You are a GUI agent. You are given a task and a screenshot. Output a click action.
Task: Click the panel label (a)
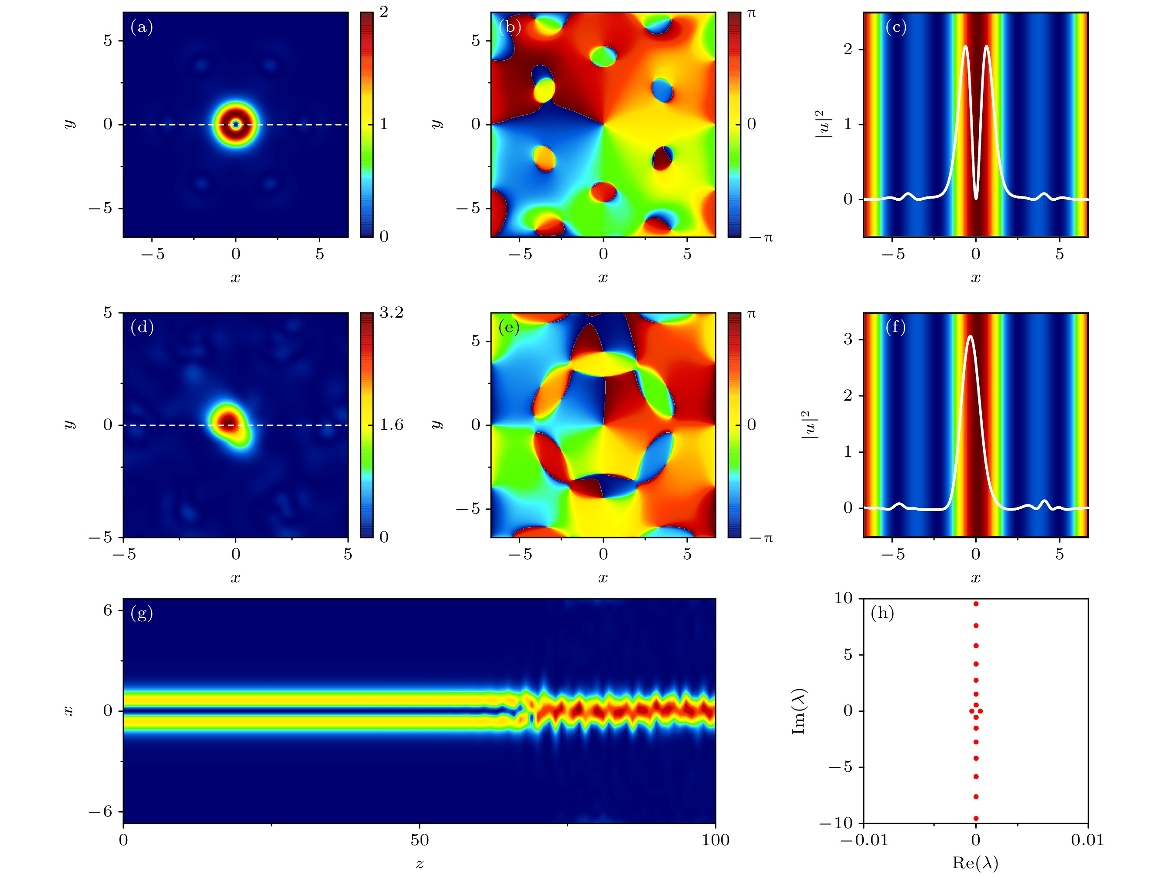coord(142,27)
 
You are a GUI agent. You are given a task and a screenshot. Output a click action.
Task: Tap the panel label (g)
coord(142,613)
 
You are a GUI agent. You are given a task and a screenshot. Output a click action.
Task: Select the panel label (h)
coord(882,613)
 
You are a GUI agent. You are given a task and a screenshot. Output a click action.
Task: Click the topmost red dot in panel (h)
coord(976,604)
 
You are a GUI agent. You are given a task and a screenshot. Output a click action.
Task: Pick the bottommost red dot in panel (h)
coord(976,818)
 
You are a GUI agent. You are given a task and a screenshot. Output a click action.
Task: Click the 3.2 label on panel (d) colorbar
coord(391,312)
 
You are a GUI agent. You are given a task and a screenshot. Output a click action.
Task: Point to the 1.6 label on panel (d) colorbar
coord(391,425)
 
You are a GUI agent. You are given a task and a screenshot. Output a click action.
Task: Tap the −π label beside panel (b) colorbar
coord(761,238)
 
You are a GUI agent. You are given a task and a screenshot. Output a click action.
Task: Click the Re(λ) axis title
coord(975,863)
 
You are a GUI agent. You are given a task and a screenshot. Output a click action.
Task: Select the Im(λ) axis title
coord(799,711)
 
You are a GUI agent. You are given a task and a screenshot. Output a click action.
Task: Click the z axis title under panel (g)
coord(419,863)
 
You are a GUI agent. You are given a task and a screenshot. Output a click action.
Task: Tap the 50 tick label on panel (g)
coord(419,840)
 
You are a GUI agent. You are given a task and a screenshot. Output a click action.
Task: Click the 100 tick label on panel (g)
coord(715,840)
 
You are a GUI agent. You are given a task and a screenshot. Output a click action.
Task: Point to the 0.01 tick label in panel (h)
coord(1087,840)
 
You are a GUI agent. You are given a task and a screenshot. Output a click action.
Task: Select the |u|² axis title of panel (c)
coord(823,124)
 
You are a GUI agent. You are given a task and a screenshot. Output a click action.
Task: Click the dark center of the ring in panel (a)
coord(236,125)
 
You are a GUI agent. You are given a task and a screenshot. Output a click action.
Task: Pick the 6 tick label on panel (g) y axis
coord(108,611)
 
